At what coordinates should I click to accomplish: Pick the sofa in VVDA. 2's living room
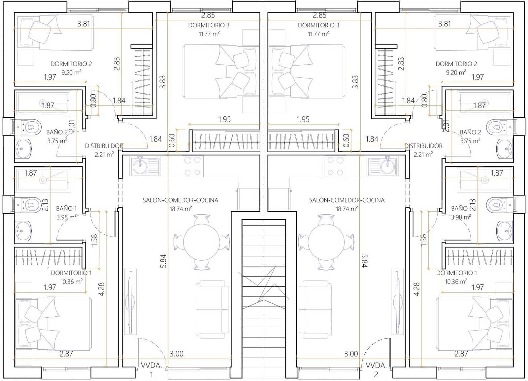(x=315, y=309)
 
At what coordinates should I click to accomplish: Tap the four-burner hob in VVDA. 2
(x=335, y=166)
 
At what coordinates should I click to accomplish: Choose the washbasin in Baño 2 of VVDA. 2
(x=505, y=149)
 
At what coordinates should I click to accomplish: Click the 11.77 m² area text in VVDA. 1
(x=209, y=34)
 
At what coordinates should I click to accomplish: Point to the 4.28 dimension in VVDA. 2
(x=416, y=289)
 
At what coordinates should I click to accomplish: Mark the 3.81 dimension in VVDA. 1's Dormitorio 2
(x=84, y=24)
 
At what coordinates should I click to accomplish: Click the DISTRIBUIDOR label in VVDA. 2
(x=423, y=146)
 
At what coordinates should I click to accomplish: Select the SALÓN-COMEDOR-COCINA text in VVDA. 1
(x=181, y=200)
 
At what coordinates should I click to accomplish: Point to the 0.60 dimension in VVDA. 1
(x=172, y=141)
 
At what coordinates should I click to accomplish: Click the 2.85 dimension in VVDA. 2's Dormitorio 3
(x=320, y=15)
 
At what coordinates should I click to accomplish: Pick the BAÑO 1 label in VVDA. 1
(x=66, y=208)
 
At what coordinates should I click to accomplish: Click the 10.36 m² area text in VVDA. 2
(x=456, y=281)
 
